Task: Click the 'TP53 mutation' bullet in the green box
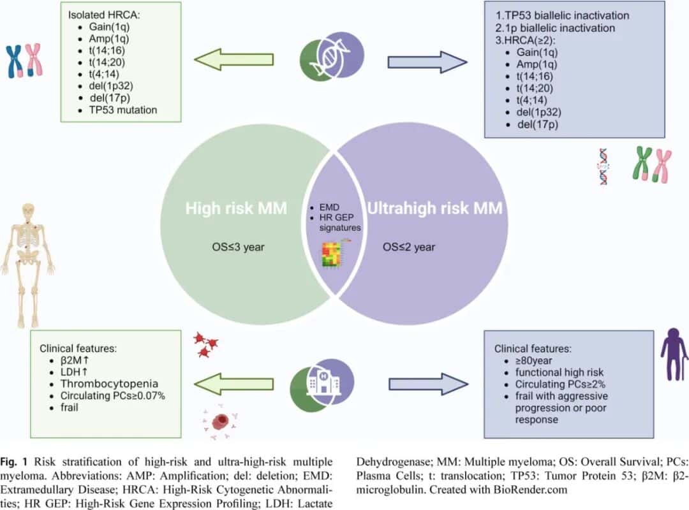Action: [123, 110]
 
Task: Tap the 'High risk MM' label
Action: [236, 208]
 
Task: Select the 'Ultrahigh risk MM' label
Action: [434, 208]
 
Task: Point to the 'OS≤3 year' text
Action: [238, 247]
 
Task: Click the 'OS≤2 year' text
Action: [409, 247]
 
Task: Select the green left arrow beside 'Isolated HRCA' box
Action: [233, 59]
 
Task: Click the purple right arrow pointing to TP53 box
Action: [427, 62]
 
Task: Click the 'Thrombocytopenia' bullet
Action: [109, 384]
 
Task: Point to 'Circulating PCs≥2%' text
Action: [560, 384]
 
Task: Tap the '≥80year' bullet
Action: [533, 361]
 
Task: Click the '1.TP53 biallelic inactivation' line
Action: [563, 15]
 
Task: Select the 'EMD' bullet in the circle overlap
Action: [329, 207]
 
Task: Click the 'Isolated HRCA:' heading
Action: [104, 15]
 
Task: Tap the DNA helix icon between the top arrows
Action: [332, 56]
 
